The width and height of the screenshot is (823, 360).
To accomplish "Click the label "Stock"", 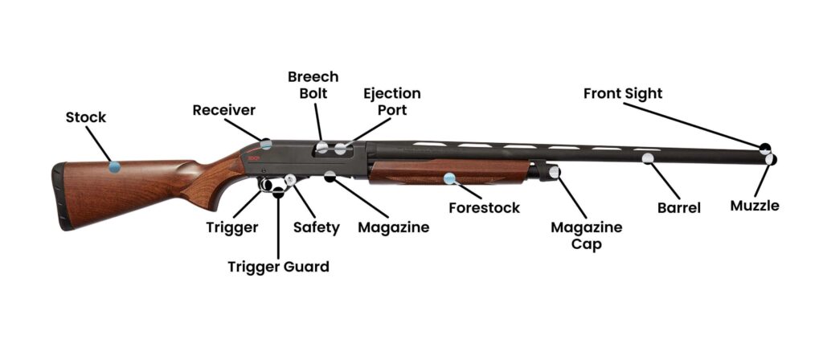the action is [85, 117].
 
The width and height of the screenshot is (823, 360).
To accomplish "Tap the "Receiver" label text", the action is [223, 110].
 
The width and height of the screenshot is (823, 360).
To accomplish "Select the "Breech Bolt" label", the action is [313, 85].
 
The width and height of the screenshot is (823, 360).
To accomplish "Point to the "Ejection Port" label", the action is [392, 101].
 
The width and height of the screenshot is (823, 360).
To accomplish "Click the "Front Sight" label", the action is [623, 93].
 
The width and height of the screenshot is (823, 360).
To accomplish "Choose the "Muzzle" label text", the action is [754, 206].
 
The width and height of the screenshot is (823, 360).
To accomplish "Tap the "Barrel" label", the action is [678, 208].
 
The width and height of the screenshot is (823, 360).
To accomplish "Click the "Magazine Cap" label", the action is [586, 235].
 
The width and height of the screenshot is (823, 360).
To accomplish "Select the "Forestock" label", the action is [484, 208].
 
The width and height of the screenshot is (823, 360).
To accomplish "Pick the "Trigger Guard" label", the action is [278, 267].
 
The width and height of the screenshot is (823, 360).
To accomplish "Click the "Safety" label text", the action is [316, 227].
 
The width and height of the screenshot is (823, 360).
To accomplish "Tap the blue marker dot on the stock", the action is [114, 167].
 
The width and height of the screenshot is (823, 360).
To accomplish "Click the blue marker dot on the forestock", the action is [449, 178].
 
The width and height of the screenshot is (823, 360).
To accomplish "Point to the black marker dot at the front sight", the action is [765, 148].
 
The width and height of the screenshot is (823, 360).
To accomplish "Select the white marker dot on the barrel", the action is [648, 158].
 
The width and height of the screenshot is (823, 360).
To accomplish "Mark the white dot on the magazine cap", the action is [554, 171].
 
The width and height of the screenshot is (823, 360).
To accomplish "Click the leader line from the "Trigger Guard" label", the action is [277, 227].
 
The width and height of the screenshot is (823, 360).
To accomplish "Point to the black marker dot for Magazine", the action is [330, 177].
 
